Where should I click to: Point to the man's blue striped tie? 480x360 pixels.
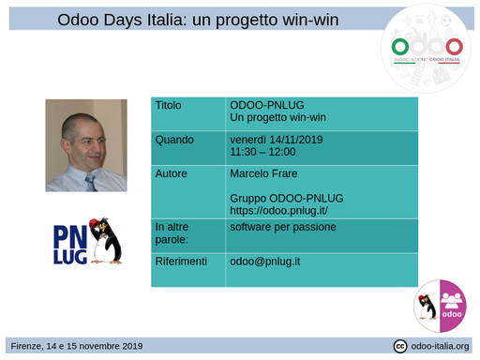tap(91, 181)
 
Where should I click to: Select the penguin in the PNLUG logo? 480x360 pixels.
tap(110, 240)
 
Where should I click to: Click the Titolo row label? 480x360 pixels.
tap(169, 105)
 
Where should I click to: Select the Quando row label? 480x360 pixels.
tap(174, 140)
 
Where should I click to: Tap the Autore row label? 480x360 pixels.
tap(172, 173)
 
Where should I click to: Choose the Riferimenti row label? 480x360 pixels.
tap(181, 261)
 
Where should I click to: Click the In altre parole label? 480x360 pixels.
tap(172, 232)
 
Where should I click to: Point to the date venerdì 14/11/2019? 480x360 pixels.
tap(276, 140)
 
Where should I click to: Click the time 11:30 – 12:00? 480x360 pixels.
tap(262, 152)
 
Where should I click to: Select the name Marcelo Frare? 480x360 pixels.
tap(264, 173)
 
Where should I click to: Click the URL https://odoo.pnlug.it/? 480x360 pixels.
tap(278, 210)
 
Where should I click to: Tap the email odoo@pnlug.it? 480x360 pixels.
tap(265, 261)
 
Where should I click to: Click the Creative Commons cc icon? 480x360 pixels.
tap(400, 346)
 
